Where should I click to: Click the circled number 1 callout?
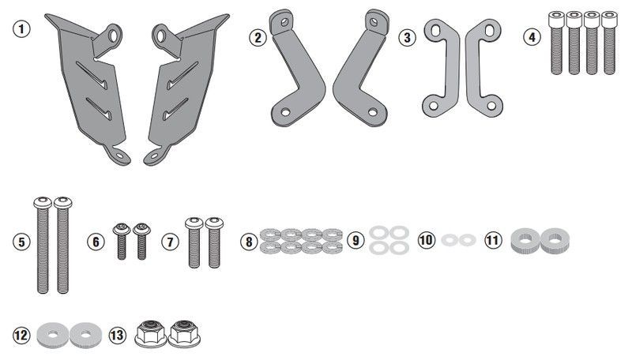21,29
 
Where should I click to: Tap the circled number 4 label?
532,37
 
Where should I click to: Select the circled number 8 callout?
249,242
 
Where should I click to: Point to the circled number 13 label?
117,335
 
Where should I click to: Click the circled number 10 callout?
427,240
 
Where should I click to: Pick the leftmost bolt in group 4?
556,43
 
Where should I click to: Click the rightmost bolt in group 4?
609,43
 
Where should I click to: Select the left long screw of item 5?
43,245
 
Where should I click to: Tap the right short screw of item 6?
142,242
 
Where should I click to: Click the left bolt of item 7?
194,242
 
